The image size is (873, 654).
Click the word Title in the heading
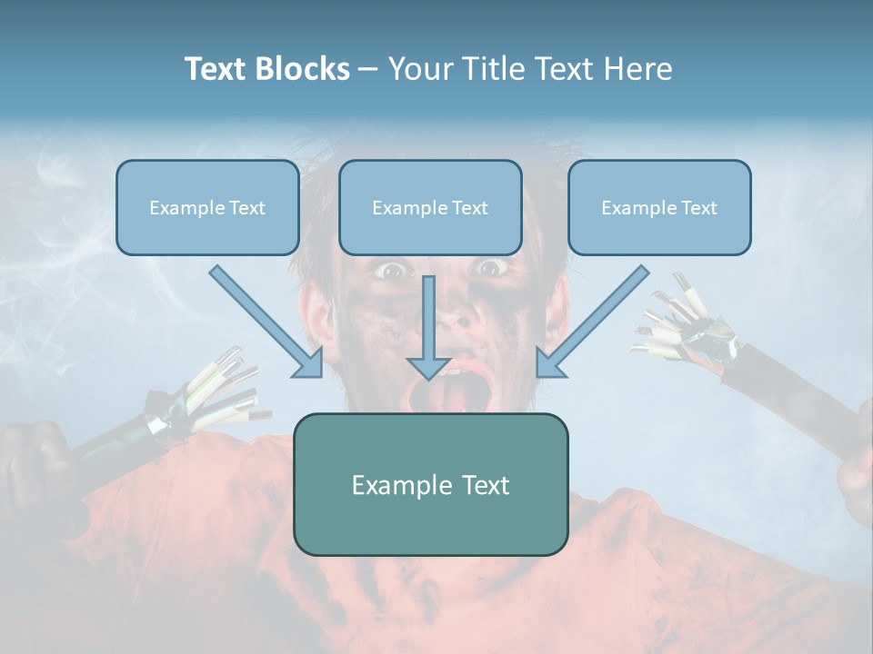pyautogui.click(x=491, y=69)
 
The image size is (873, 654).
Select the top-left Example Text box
pyautogui.click(x=207, y=207)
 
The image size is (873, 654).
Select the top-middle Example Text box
pyautogui.click(x=430, y=207)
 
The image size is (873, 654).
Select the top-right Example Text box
pyautogui.click(x=659, y=207)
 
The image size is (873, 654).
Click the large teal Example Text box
pyautogui.click(x=430, y=484)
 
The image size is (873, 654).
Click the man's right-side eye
pyautogui.click(x=490, y=267)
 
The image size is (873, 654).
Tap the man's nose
pyautogui.click(x=455, y=313)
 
